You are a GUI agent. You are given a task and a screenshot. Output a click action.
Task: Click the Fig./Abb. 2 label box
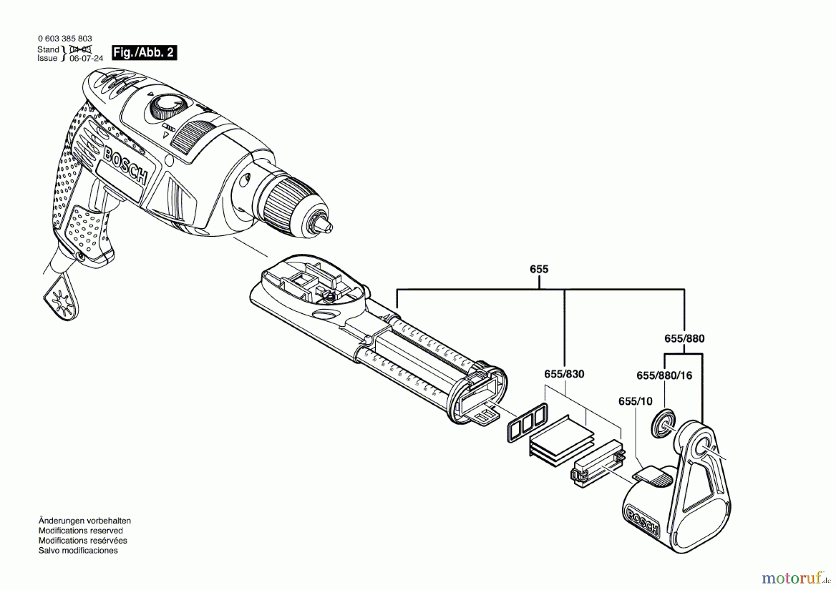click(144, 52)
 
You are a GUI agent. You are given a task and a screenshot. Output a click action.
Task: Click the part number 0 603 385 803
click(65, 39)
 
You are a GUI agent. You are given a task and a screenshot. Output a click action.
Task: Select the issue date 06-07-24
click(86, 58)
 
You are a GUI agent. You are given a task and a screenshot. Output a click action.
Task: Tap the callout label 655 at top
click(539, 269)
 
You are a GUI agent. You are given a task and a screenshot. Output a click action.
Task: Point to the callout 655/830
click(564, 374)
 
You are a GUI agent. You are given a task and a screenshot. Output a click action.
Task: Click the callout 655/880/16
click(664, 376)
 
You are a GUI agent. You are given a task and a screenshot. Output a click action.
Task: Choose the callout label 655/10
click(635, 401)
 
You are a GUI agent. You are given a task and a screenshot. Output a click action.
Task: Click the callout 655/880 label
click(684, 338)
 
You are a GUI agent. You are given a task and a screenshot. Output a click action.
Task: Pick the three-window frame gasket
click(526, 422)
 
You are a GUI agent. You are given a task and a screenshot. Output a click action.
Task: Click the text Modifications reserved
click(80, 531)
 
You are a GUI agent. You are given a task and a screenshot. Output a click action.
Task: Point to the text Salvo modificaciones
click(78, 551)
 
